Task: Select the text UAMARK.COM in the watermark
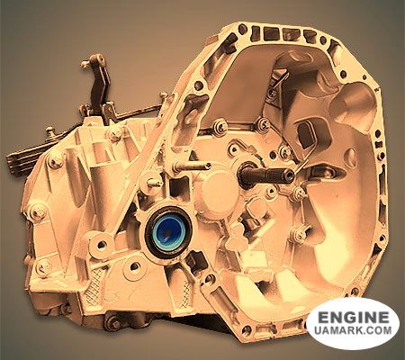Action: click(x=354, y=330)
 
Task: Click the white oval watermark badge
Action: click(x=353, y=324)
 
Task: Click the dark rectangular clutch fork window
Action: click(x=307, y=135)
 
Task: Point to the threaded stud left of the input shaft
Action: click(x=192, y=166)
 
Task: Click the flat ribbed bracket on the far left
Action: click(x=24, y=158)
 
